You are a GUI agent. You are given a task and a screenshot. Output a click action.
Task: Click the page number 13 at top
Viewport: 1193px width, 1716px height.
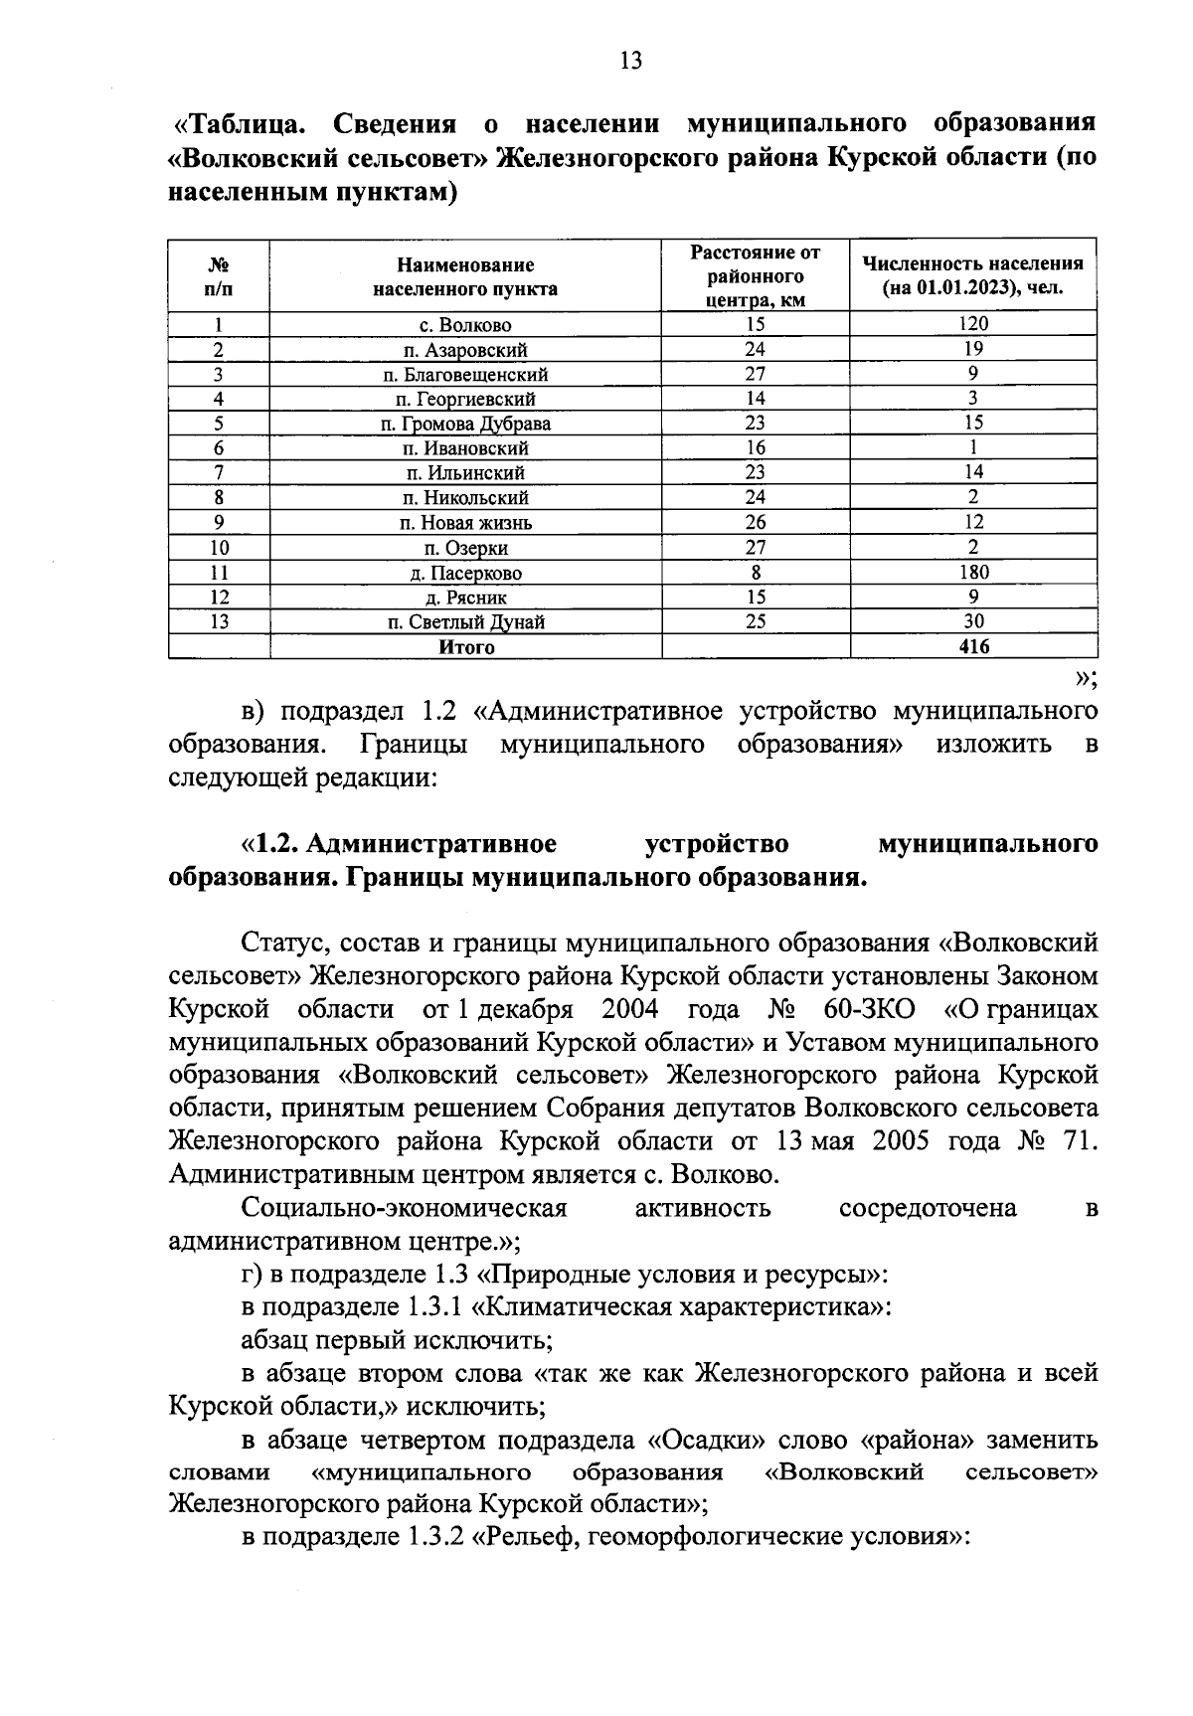(x=630, y=62)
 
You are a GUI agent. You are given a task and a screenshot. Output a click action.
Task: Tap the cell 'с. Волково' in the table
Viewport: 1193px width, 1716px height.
(x=465, y=325)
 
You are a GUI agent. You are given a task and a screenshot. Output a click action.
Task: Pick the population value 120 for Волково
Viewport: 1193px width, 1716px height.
(x=972, y=323)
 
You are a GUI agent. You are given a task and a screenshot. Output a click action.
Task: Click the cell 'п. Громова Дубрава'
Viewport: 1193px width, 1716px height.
(x=465, y=425)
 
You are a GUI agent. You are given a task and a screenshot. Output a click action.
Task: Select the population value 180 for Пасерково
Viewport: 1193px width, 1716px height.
(x=972, y=573)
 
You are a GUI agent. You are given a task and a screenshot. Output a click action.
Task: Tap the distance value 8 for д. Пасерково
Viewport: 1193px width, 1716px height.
(x=755, y=573)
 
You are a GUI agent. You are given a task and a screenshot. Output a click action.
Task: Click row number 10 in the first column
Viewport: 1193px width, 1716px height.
(x=219, y=548)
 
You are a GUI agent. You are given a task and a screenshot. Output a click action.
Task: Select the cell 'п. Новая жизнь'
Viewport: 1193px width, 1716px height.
(x=465, y=523)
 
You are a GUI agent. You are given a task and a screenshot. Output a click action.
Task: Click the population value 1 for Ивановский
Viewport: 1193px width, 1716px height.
(x=972, y=448)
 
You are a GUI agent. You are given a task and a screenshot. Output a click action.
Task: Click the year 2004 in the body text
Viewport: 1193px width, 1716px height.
(x=630, y=1010)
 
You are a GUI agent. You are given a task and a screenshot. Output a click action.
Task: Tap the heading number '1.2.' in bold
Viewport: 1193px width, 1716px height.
(x=276, y=845)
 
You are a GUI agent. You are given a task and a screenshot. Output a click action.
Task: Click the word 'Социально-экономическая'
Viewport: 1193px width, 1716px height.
(x=404, y=1209)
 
